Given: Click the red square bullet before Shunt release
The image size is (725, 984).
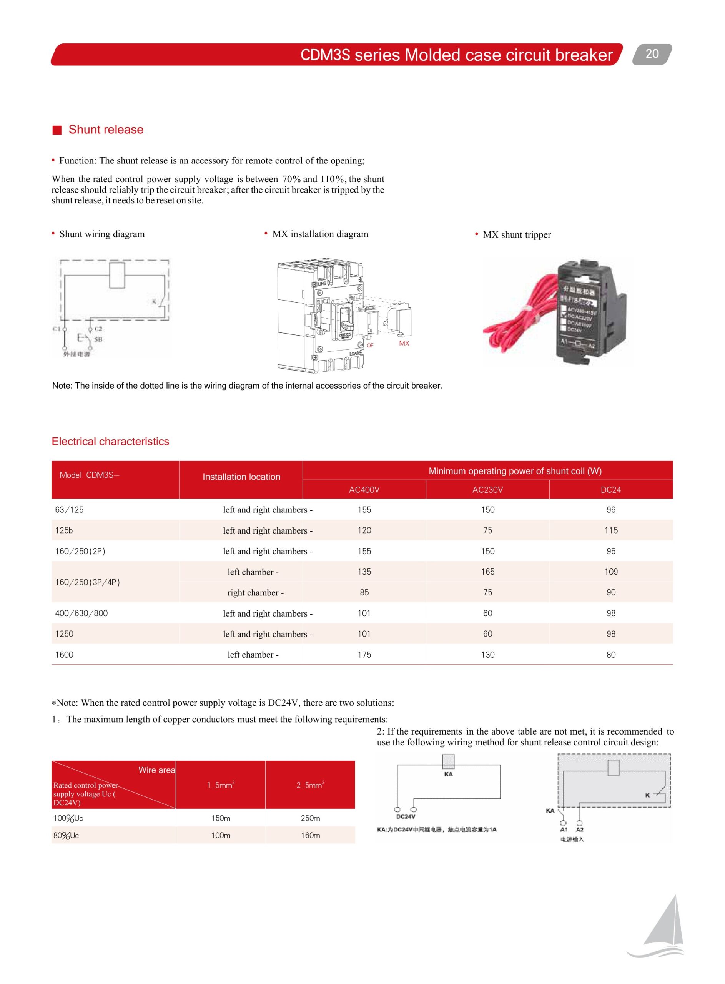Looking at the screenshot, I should pyautogui.click(x=57, y=130).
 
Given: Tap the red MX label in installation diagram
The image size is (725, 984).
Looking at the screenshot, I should pyautogui.click(x=404, y=344).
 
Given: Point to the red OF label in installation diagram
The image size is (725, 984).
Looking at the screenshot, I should pyautogui.click(x=370, y=346).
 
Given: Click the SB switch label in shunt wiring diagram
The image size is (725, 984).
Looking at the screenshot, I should pyautogui.click(x=98, y=339).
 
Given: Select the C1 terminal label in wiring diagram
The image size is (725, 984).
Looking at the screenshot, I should pyautogui.click(x=56, y=329).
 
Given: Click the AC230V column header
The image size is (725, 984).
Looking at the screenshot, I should pyautogui.click(x=487, y=490).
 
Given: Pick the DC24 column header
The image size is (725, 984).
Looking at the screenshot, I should pyautogui.click(x=610, y=490).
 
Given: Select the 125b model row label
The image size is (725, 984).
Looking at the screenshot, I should pyautogui.click(x=64, y=530).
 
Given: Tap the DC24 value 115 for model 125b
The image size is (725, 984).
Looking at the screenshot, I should pyautogui.click(x=610, y=530).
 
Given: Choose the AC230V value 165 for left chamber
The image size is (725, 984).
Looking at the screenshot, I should pyautogui.click(x=487, y=572).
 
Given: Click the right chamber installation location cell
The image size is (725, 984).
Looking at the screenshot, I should pyautogui.click(x=255, y=593).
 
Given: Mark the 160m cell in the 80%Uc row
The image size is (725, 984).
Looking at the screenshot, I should pyautogui.click(x=310, y=835).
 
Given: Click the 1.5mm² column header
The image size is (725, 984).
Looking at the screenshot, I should pyautogui.click(x=220, y=785).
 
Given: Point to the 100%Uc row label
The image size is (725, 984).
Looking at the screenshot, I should pyautogui.click(x=68, y=818).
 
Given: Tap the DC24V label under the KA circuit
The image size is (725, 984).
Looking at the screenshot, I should pyautogui.click(x=405, y=817).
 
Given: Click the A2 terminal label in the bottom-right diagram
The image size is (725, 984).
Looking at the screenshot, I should pyautogui.click(x=579, y=829).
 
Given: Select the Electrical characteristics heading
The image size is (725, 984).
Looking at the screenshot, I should pyautogui.click(x=110, y=441).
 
